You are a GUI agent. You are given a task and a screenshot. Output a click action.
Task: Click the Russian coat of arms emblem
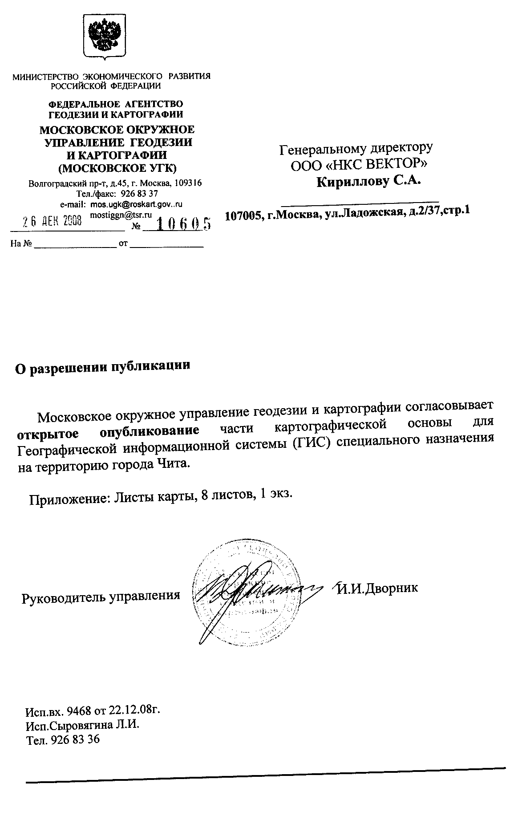pyautogui.click(x=102, y=37)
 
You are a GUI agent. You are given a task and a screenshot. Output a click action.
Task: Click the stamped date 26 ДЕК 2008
pyautogui.click(x=53, y=221)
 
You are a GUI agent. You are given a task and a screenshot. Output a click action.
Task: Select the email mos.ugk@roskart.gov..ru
pyautogui.click(x=137, y=204)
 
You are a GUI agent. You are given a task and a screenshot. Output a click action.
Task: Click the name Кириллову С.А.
pyautogui.click(x=368, y=182)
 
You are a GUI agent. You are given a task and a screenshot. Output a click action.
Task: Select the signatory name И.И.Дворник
pyautogui.click(x=377, y=588)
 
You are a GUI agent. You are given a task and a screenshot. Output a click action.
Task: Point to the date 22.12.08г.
pyautogui.click(x=136, y=710)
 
